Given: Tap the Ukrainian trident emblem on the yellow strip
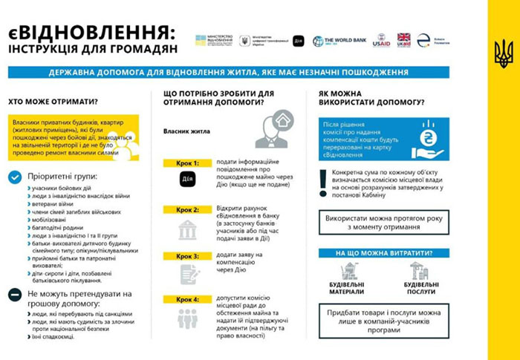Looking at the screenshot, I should coord(503,54).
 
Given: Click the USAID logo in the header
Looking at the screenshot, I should coord(381,41).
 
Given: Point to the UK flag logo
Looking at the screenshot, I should coord(403,40).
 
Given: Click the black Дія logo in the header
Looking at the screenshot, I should coord(298,41).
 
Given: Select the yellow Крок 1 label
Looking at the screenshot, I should coord(188,163).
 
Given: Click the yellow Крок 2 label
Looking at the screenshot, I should coord(188,210).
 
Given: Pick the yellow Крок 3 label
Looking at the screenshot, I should coord(188,256).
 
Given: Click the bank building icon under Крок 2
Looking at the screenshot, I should coord(188,230).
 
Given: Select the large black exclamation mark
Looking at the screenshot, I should coord(322,181).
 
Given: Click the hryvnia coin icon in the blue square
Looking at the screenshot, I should coord(429,139).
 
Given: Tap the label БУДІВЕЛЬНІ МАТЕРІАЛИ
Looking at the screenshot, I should coord(346,288).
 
